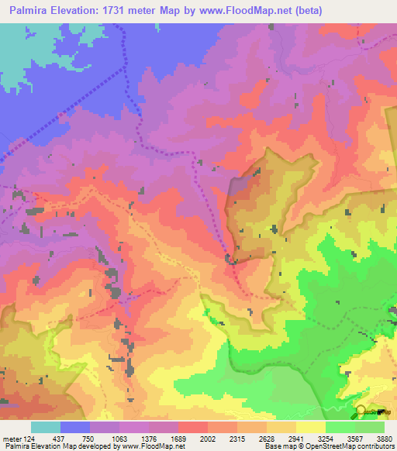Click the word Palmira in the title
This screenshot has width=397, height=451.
tap(26, 11)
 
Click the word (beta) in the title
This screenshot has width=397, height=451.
tap(303, 11)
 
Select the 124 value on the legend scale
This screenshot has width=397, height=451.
tap(30, 438)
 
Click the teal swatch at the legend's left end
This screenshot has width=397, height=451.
tap(46, 427)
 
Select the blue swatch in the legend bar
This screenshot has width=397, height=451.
tap(75, 427)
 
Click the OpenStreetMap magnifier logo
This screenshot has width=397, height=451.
tap(361, 411)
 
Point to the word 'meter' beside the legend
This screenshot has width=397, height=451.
tap(12, 438)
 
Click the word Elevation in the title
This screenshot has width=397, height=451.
tap(74, 11)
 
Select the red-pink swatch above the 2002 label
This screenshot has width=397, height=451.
tap(193, 427)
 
